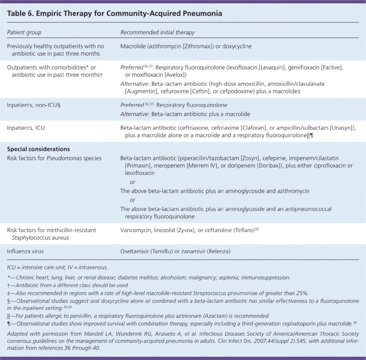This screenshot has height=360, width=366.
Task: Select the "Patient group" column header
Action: point(24,33)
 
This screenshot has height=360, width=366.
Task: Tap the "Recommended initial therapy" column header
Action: point(157,33)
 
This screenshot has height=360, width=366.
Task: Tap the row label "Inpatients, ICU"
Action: point(26,128)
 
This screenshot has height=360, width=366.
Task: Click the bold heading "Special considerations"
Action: point(38,149)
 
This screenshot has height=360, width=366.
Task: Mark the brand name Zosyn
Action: point(252,158)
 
